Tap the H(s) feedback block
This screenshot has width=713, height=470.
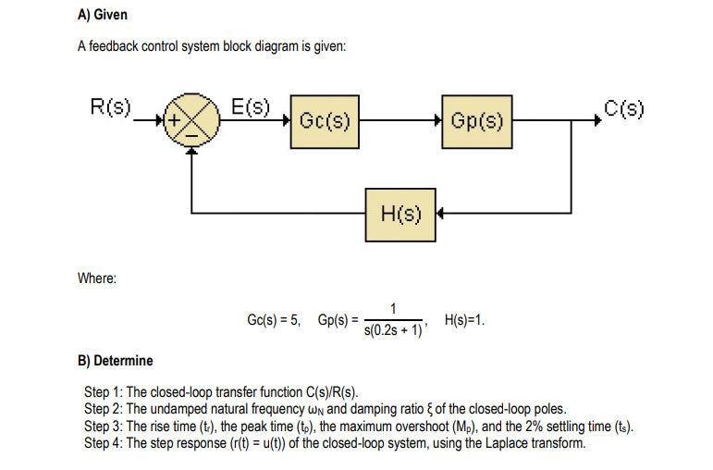400,215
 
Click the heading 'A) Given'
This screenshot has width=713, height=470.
102,16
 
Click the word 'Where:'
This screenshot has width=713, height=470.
96,278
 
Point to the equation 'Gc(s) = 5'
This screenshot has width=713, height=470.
275,320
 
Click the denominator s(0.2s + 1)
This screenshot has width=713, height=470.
393,329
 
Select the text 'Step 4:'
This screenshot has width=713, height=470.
103,443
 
